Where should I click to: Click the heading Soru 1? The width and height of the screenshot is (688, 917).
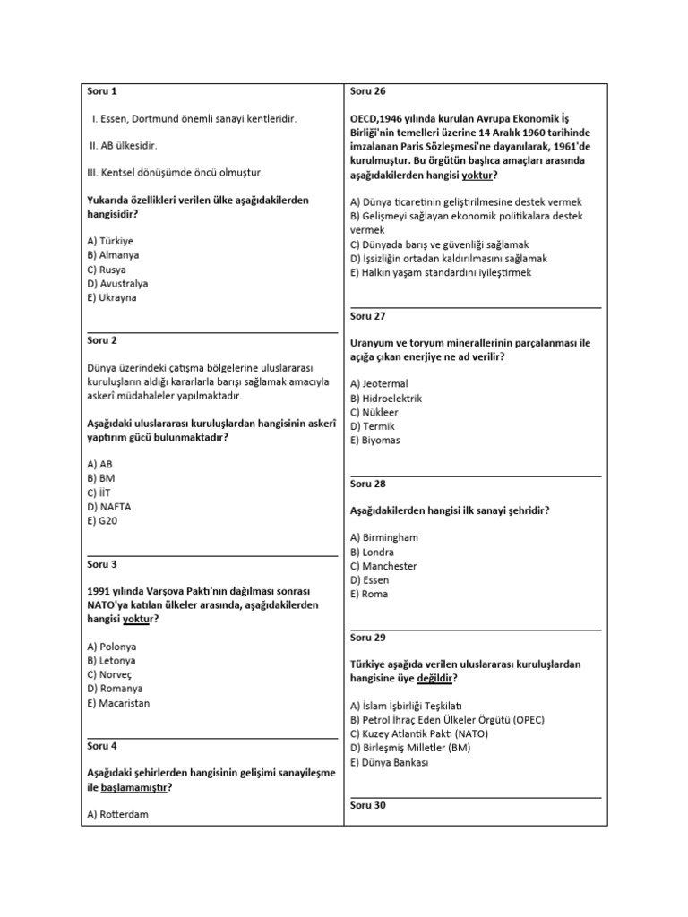pyautogui.click(x=101, y=90)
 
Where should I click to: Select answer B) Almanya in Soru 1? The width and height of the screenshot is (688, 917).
pyautogui.click(x=113, y=254)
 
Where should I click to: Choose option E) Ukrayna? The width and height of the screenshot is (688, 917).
pyautogui.click(x=112, y=297)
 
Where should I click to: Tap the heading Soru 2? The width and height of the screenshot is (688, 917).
pyautogui.click(x=101, y=339)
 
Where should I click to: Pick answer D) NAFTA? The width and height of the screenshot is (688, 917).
pyautogui.click(x=108, y=506)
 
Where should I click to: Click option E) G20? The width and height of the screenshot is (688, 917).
pyautogui.click(x=103, y=520)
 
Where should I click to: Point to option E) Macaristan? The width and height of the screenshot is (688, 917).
pyautogui.click(x=118, y=703)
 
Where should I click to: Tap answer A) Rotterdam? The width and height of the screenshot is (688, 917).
pyautogui.click(x=117, y=814)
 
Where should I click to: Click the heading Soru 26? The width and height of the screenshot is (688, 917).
pyautogui.click(x=367, y=90)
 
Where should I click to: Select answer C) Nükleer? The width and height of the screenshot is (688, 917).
pyautogui.click(x=374, y=412)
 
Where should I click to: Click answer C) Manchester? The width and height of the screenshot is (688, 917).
pyautogui.click(x=383, y=566)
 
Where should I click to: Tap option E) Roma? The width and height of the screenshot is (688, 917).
pyautogui.click(x=369, y=594)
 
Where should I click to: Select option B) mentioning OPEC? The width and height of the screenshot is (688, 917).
pyautogui.click(x=447, y=719)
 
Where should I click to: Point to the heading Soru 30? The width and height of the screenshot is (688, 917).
pyautogui.click(x=367, y=805)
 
